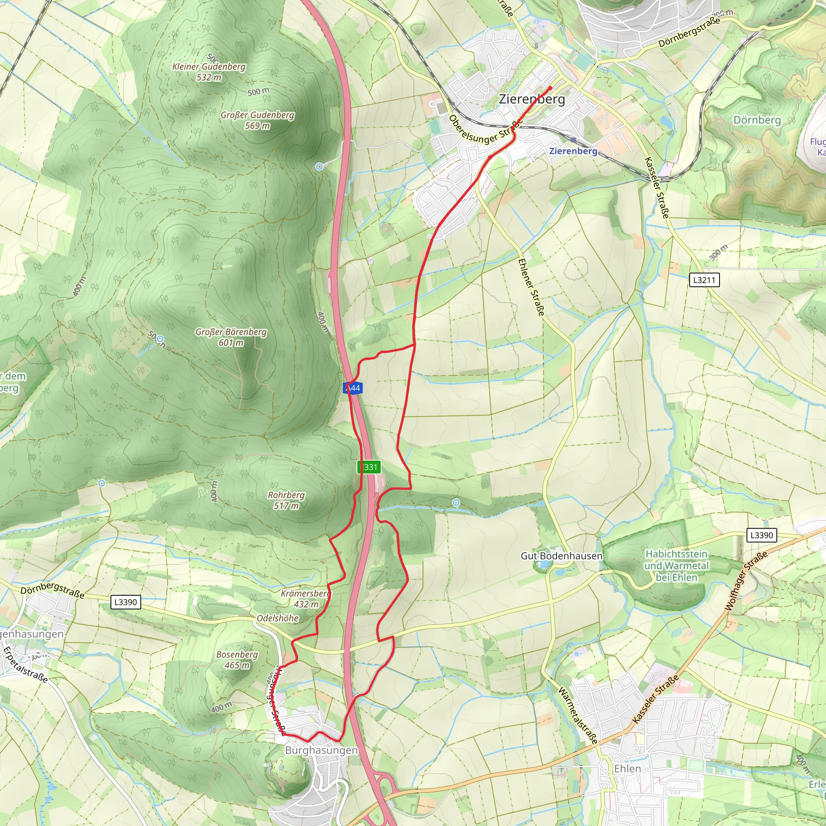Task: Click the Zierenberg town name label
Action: click(x=532, y=99)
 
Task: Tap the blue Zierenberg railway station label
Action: click(x=573, y=151)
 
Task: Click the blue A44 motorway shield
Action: click(x=353, y=388)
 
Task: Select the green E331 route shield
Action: click(x=369, y=467)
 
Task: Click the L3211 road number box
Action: click(x=704, y=280)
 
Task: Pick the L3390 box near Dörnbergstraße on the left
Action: click(x=125, y=602)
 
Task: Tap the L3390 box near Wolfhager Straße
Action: click(x=761, y=535)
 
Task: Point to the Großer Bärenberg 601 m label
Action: click(x=231, y=337)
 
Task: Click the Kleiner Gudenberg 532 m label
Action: click(x=209, y=72)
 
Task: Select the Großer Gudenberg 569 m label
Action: click(x=257, y=120)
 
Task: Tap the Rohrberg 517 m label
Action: click(x=286, y=500)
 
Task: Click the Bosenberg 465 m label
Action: click(x=237, y=660)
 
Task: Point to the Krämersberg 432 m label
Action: click(x=306, y=599)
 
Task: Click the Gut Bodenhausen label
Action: click(x=561, y=556)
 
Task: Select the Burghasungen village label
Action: click(x=321, y=750)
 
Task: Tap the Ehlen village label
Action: click(x=627, y=768)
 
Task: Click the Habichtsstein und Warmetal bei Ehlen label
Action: click(x=676, y=565)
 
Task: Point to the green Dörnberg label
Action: click(x=757, y=120)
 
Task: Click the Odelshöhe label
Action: click(x=277, y=618)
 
